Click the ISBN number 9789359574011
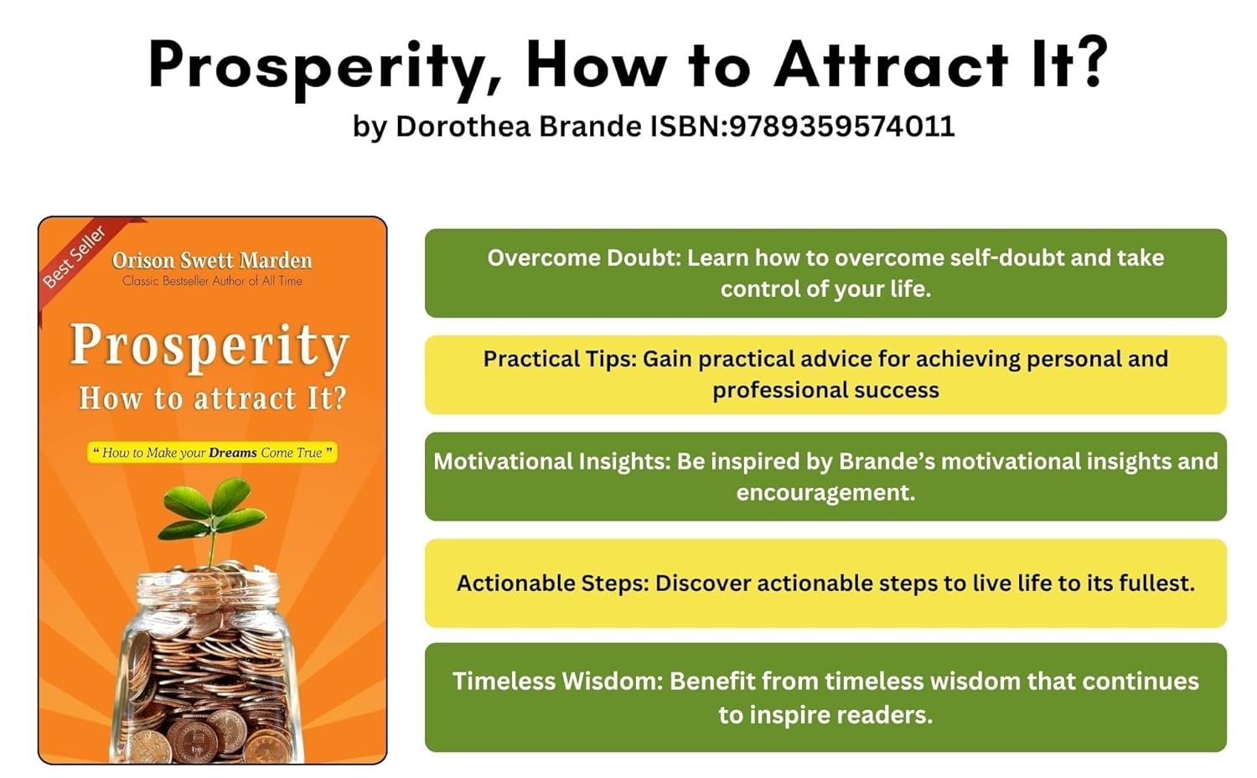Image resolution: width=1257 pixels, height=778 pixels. [x=841, y=126]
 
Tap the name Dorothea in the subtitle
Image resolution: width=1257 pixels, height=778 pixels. [x=463, y=126]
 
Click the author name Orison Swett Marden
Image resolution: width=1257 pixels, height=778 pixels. [x=212, y=261]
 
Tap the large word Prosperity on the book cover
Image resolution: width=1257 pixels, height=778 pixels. [x=209, y=346]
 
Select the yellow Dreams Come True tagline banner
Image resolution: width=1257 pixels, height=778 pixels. [x=212, y=453]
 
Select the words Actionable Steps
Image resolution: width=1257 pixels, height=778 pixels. [x=553, y=583]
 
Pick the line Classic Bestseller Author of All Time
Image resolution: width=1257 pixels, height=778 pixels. [x=212, y=281]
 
